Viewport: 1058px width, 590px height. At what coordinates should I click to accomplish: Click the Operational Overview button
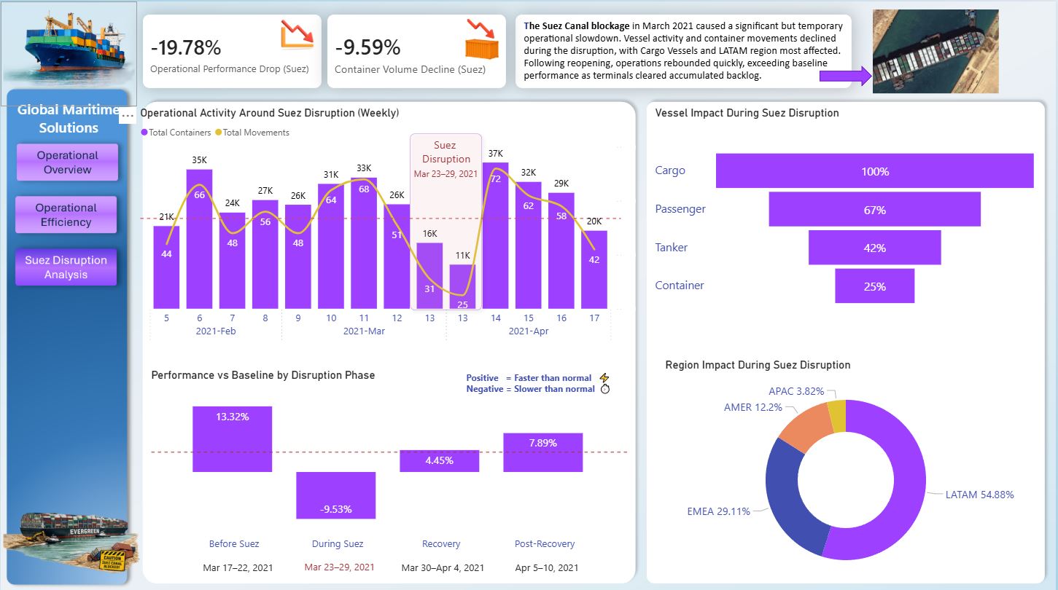click(x=67, y=162)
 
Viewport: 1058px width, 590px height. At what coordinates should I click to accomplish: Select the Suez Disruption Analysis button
click(x=66, y=267)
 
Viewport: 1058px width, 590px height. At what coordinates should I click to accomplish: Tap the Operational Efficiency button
click(x=66, y=215)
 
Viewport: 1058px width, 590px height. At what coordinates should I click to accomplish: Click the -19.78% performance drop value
click(x=186, y=48)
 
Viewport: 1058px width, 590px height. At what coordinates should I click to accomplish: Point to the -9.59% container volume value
click(x=367, y=48)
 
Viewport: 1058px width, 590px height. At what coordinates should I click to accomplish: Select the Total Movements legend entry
click(x=255, y=133)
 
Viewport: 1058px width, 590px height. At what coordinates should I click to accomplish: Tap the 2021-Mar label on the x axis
click(x=364, y=331)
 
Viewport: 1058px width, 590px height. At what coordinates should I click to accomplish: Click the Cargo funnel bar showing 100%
click(x=874, y=171)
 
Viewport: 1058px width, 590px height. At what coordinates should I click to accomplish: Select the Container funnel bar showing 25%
click(x=874, y=286)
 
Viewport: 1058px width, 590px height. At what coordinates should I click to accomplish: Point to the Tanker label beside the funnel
click(x=672, y=248)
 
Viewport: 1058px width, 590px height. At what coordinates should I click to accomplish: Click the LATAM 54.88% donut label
click(x=979, y=495)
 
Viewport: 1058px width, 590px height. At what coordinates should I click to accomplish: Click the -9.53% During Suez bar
click(x=335, y=495)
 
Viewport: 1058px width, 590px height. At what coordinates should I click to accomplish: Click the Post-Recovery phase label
click(x=545, y=544)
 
